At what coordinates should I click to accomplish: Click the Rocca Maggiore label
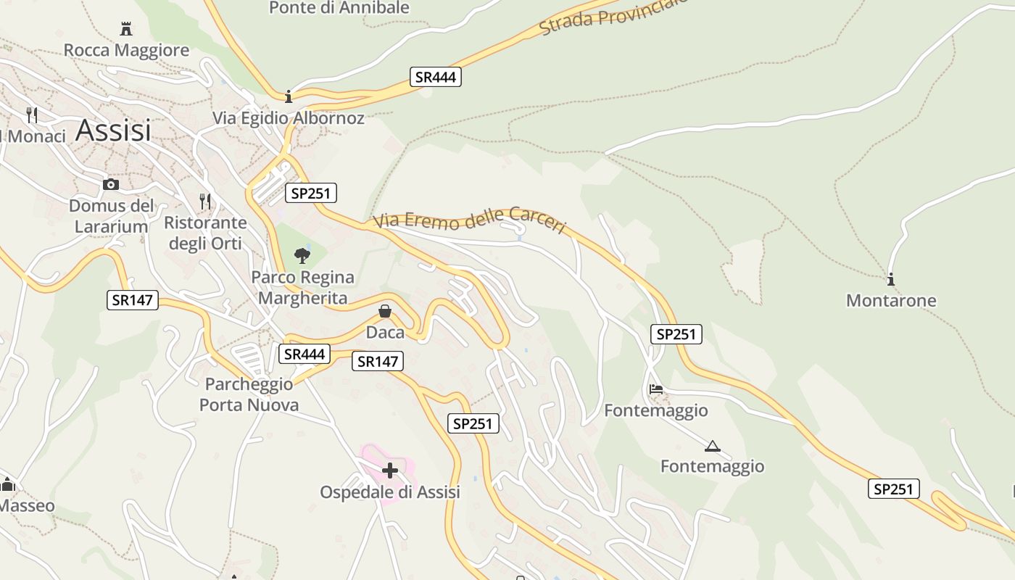[126, 50]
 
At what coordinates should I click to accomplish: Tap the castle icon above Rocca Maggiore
[126, 29]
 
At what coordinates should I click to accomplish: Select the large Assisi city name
[113, 130]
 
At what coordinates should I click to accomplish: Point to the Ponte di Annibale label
[339, 8]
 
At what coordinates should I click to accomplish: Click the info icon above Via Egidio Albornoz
[289, 96]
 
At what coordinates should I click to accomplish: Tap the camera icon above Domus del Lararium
[111, 184]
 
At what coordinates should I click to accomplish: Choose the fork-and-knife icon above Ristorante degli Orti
[205, 201]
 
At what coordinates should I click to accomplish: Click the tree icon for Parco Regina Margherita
[302, 255]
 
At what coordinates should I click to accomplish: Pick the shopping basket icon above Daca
[385, 311]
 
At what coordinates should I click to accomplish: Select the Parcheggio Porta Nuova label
[249, 394]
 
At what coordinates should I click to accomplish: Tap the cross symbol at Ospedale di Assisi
[390, 471]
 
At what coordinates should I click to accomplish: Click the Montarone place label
[891, 300]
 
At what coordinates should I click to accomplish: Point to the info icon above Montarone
[891, 279]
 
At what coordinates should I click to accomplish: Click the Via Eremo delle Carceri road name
[470, 219]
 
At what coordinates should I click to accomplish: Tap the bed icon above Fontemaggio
[656, 389]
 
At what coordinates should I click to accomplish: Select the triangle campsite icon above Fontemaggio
[712, 446]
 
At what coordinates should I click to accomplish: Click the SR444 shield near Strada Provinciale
[436, 77]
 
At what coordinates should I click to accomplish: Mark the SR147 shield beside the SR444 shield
[377, 361]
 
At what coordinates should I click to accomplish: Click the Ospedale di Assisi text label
[390, 492]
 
